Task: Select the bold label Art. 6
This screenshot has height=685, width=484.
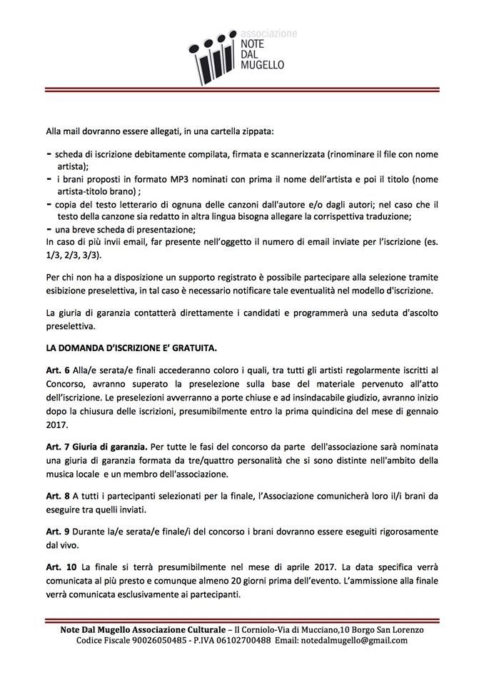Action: click(57, 370)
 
